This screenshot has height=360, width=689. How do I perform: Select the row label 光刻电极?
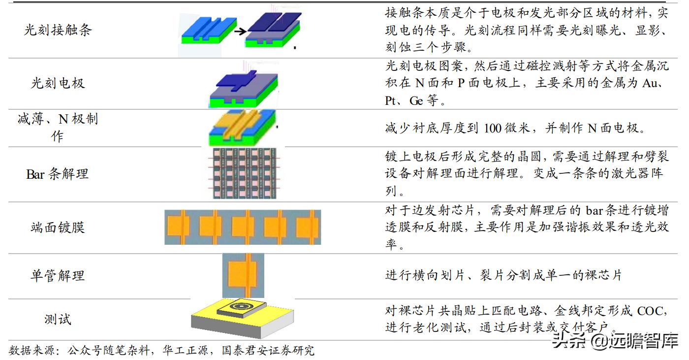point(58,82)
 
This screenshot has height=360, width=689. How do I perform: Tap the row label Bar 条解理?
point(58,174)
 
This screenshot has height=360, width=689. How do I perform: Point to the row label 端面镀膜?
point(58,227)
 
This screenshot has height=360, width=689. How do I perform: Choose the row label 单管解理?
point(58,275)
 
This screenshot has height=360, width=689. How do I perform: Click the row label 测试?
point(58,319)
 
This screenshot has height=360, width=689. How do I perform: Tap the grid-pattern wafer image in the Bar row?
point(242,173)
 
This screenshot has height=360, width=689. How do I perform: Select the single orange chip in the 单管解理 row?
point(243,275)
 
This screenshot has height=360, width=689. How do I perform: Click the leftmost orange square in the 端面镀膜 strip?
point(178,227)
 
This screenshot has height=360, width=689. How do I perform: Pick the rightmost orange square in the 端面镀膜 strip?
point(307,227)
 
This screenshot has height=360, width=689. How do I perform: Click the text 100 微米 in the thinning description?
point(504,128)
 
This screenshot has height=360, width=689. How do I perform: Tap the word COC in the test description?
point(652,311)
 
